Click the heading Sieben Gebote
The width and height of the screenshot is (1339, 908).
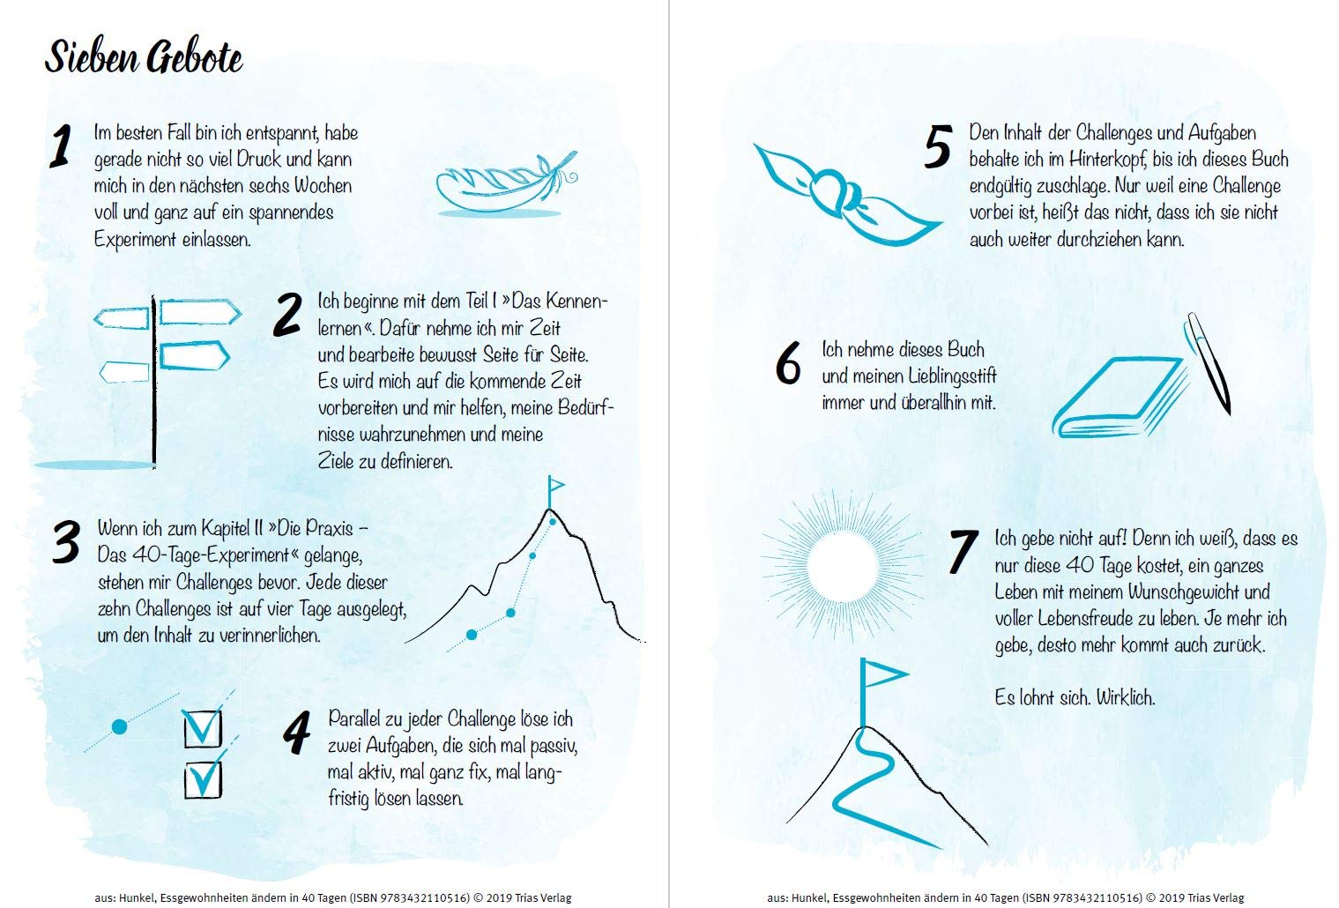coord(144,58)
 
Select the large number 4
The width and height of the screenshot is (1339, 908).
coord(297,733)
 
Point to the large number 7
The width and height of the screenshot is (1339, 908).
coord(963,552)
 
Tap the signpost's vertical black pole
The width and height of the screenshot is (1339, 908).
coord(153,381)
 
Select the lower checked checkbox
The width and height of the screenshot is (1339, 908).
coord(203,779)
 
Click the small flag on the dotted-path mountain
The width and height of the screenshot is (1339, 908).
coord(555,489)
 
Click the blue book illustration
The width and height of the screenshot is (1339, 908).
coord(1119,397)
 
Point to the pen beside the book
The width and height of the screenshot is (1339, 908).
coord(1209,363)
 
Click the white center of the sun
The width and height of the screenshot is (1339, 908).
coord(842,566)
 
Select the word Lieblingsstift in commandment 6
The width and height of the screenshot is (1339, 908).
coord(952,376)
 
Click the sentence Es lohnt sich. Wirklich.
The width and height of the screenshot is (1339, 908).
coord(1075,697)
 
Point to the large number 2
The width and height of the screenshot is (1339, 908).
coord(287,315)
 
